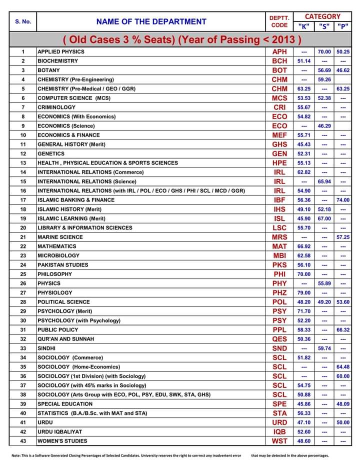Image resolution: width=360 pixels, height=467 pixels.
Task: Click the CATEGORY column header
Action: pos(322,16)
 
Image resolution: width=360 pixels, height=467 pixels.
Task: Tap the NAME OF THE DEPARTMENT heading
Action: pos(151,21)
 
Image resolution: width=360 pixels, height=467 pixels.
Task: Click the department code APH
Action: pos(279,51)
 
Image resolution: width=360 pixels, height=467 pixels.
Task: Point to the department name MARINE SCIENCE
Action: pos(60,237)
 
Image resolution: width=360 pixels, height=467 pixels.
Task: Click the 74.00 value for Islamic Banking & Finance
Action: pos(343,200)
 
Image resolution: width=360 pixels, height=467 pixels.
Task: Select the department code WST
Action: pos(279,441)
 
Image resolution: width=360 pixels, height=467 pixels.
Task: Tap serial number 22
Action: pos(23,246)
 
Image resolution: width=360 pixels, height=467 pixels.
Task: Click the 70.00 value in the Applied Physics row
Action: pos(324,51)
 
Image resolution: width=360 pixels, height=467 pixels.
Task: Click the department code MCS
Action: pos(279,98)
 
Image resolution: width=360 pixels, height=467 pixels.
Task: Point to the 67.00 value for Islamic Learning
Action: pos(324,218)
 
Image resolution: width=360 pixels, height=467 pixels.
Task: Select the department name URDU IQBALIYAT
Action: pos(60,431)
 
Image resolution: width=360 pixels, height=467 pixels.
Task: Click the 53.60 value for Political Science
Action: pos(343,302)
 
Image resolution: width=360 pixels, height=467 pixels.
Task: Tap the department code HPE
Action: pos(279,163)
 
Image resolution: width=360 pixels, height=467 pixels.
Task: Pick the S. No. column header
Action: pos(23,21)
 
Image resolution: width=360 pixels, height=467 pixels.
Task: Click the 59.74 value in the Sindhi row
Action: pos(324,348)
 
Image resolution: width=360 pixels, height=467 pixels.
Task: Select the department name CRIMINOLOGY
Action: pos(56,107)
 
